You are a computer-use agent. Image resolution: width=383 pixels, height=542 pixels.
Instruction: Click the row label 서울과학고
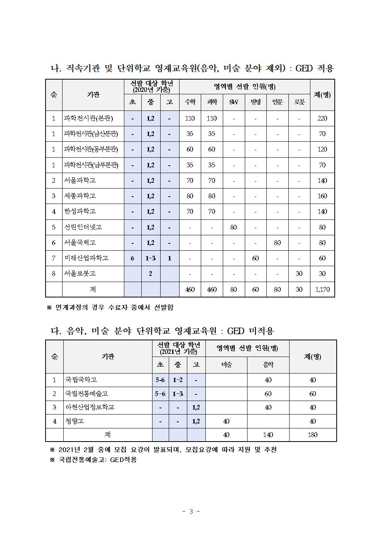click(80, 180)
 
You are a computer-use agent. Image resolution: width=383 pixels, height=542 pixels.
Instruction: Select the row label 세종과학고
click(80, 196)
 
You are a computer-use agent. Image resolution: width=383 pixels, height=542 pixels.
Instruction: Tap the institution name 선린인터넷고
click(83, 227)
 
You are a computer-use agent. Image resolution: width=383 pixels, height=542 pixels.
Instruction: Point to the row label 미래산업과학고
click(86, 258)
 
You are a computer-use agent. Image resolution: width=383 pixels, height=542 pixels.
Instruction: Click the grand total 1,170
click(322, 289)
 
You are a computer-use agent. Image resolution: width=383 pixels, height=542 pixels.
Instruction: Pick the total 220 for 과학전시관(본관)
click(322, 118)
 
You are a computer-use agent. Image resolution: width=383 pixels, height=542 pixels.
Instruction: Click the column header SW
click(234, 102)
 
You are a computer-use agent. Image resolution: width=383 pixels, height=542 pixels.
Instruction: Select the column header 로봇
click(299, 102)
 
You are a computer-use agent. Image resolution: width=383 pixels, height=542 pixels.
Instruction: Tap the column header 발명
click(256, 102)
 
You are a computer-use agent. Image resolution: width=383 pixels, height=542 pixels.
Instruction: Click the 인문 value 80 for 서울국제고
click(277, 243)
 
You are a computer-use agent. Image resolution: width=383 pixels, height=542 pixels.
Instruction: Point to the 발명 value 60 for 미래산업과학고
click(256, 258)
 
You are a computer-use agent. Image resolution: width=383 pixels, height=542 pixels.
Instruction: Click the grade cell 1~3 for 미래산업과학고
click(151, 258)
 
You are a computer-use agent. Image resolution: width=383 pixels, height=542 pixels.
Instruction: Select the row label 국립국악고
click(81, 380)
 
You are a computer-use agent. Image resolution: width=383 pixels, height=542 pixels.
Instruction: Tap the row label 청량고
click(75, 421)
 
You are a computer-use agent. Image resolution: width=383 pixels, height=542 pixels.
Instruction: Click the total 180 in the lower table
click(312, 435)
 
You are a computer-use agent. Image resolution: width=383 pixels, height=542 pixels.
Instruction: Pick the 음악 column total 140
click(268, 435)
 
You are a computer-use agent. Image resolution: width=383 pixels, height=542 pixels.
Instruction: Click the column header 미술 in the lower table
click(226, 364)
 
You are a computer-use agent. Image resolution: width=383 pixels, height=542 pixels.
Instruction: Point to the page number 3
click(191, 511)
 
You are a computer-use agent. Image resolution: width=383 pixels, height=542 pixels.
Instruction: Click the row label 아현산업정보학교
click(90, 407)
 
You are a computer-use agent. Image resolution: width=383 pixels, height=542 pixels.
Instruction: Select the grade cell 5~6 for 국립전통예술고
click(160, 394)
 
